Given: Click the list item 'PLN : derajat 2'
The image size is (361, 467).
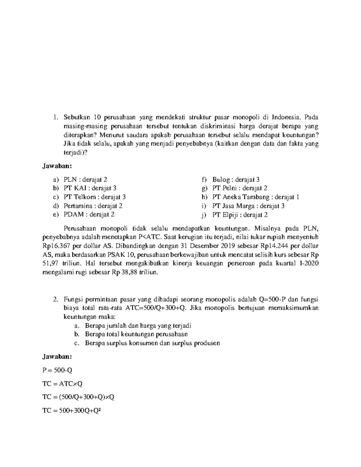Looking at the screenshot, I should pyautogui.click(x=85, y=180).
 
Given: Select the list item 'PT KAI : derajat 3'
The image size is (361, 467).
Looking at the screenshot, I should pyautogui.click(x=90, y=188).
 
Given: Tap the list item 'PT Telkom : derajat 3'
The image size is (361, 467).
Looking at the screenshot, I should pyautogui.click(x=94, y=197).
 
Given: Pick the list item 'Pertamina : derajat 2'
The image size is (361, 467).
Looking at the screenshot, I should pyautogui.click(x=93, y=206).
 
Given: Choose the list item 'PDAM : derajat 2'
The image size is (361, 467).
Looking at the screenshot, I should pyautogui.click(x=89, y=215).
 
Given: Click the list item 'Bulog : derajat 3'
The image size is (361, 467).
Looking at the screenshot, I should pyautogui.click(x=236, y=180).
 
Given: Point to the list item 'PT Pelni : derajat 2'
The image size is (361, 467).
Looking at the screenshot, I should pyautogui.click(x=239, y=188).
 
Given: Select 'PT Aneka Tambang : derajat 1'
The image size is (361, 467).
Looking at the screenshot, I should pyautogui.click(x=255, y=197).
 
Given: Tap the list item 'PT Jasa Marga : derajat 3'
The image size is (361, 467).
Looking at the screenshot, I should pyautogui.click(x=248, y=206).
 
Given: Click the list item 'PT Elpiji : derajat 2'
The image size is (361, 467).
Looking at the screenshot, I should pyautogui.click(x=240, y=215).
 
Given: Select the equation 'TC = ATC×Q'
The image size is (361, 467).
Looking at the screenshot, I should pyautogui.click(x=63, y=384).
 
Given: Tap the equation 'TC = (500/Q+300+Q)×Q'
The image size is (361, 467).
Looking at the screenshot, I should pyautogui.click(x=78, y=397).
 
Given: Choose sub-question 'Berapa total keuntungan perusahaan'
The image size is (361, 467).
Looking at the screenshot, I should pyautogui.click(x=136, y=334).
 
